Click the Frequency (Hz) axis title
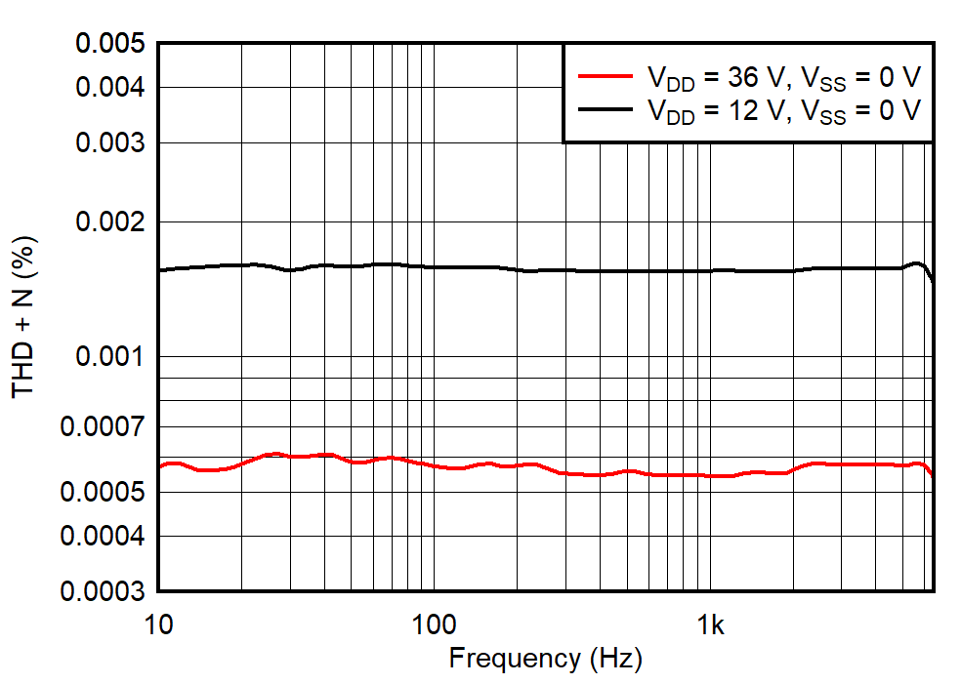coord(545,659)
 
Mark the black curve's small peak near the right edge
coord(916,263)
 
